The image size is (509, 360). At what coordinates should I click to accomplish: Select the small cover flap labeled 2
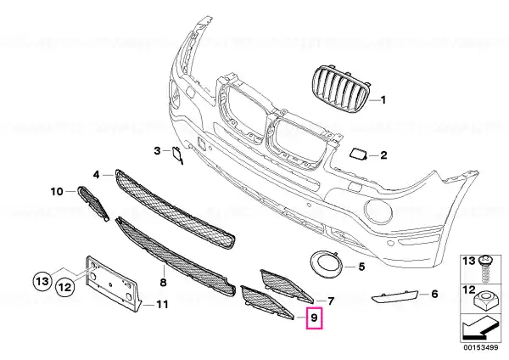coord(358,154)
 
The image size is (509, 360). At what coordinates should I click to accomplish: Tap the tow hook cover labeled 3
coord(177,155)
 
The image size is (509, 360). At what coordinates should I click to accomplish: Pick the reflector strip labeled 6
coord(394,297)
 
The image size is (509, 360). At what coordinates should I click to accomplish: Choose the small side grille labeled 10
coord(92,204)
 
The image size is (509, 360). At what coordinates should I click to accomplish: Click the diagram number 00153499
coord(480,347)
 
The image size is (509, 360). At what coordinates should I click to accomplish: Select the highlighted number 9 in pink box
coord(314,317)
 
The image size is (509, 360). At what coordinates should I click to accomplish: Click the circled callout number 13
coord(42,281)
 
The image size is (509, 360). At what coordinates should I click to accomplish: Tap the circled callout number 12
coord(65,287)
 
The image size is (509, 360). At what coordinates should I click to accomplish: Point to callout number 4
coord(97,175)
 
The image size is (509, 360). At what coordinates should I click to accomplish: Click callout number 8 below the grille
coord(163,282)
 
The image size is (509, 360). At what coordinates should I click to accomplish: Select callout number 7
coord(331,301)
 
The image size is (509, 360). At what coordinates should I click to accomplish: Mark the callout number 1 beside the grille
coord(383,99)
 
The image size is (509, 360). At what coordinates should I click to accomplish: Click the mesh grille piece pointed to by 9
coord(265,302)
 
